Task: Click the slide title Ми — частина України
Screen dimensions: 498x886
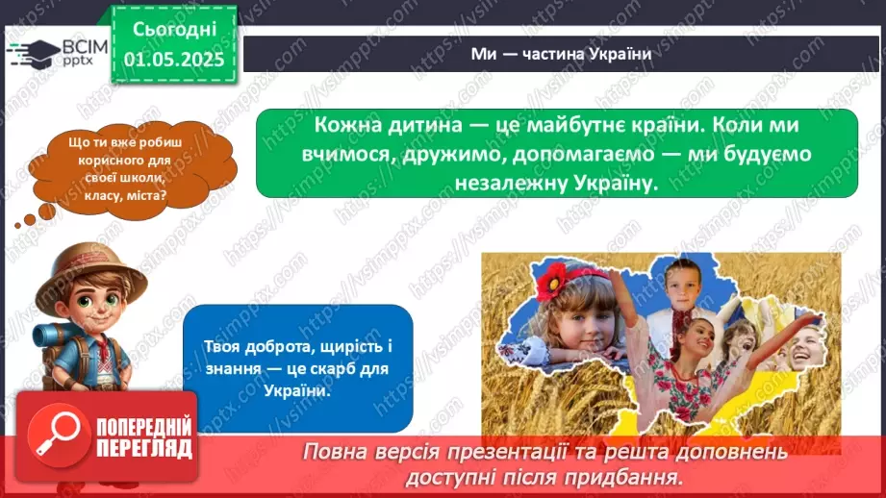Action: tap(562, 54)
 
